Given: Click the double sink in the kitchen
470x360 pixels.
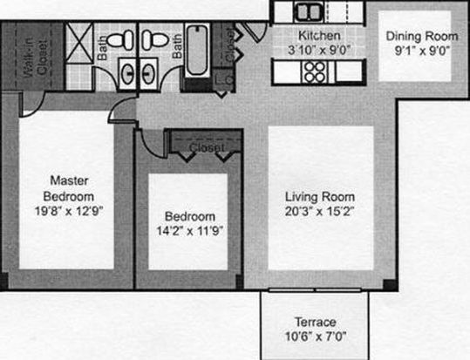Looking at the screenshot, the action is pyautogui.click(x=309, y=12).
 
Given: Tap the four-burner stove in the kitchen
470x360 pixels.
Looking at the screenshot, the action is pyautogui.click(x=315, y=72).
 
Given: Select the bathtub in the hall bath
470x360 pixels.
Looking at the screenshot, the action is pyautogui.click(x=197, y=50).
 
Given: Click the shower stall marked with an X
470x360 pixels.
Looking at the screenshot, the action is pyautogui.click(x=79, y=43).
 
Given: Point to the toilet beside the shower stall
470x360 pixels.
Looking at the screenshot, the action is pyautogui.click(x=119, y=39).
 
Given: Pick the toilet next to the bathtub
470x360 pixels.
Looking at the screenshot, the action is pyautogui.click(x=155, y=39).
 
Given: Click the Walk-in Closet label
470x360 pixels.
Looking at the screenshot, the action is pyautogui.click(x=36, y=58).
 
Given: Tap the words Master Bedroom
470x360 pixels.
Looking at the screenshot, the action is pyautogui.click(x=69, y=188).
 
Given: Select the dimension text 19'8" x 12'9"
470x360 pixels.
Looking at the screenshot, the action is pyautogui.click(x=69, y=211).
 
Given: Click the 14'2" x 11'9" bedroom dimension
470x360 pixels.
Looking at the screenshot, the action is pyautogui.click(x=190, y=231).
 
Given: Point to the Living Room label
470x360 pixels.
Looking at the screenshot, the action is pyautogui.click(x=320, y=197).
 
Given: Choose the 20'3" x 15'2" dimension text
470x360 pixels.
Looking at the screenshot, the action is pyautogui.click(x=319, y=212).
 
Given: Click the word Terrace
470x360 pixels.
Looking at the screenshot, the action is pyautogui.click(x=316, y=322).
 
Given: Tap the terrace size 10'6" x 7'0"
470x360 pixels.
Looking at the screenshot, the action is pyautogui.click(x=316, y=336).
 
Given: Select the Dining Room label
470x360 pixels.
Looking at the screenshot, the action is pyautogui.click(x=422, y=37).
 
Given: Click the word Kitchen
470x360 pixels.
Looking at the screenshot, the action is pyautogui.click(x=319, y=36).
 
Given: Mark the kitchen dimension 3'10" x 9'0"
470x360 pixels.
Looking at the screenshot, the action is pyautogui.click(x=319, y=50).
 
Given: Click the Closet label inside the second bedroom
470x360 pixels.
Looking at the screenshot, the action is pyautogui.click(x=207, y=147).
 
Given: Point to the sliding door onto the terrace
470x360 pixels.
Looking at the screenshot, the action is pyautogui.click(x=315, y=290).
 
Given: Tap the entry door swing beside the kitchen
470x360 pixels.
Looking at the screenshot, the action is pyautogui.click(x=255, y=31).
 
